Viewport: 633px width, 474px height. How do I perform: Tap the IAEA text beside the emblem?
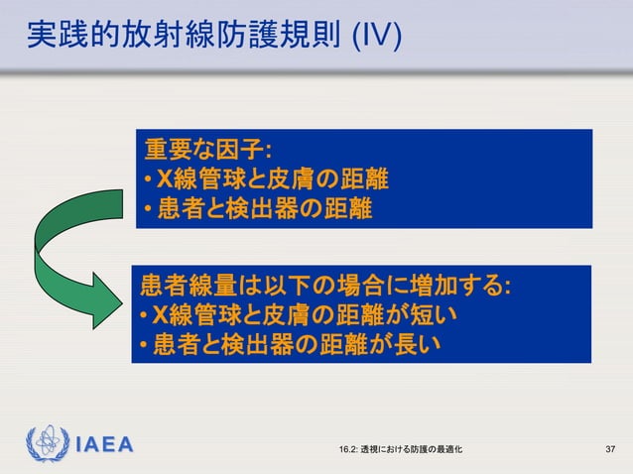click(x=104, y=445)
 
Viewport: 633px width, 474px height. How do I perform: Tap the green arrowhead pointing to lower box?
click(x=108, y=300)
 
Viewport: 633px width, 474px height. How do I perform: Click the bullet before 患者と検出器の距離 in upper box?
click(x=145, y=211)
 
